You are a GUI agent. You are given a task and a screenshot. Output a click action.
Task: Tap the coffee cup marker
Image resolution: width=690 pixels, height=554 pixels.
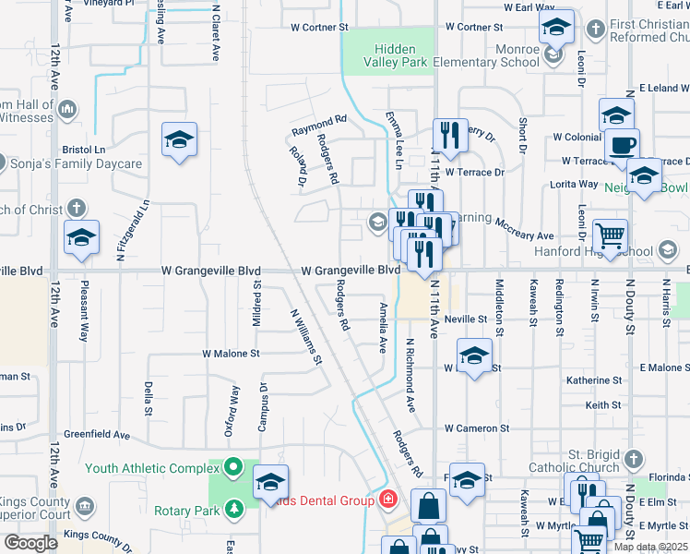(621, 144)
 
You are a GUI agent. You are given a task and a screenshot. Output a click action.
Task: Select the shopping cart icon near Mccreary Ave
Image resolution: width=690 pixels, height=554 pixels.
(610, 235)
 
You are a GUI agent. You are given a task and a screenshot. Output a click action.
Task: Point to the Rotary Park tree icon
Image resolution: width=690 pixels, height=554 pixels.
(233, 509)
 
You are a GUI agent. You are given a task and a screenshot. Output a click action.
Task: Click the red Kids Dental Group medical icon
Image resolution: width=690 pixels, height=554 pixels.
(388, 500)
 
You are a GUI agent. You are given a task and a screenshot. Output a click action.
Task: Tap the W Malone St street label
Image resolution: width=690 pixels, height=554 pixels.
(232, 354)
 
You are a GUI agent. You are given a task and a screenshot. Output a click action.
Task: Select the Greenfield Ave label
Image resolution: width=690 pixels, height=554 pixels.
(97, 434)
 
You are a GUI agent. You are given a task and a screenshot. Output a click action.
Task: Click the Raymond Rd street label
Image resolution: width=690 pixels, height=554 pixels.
(319, 120)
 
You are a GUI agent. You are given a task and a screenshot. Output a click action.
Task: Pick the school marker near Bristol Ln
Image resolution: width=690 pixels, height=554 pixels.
(179, 139)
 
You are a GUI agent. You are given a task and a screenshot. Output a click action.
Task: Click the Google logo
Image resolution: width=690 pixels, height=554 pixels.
(30, 543)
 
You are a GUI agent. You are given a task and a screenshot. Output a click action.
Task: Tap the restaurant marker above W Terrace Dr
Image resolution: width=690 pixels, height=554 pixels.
(450, 135)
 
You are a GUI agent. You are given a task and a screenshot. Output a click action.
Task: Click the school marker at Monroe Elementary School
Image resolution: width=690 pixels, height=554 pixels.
(556, 27)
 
